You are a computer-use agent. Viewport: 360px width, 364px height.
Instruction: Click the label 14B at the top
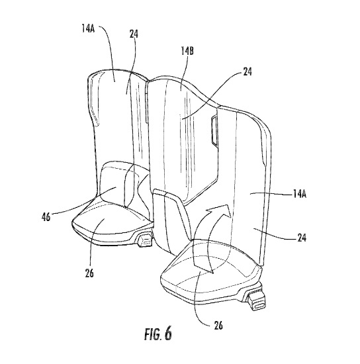pyautogui.click(x=187, y=51)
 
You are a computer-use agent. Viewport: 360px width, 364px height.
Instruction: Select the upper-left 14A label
pyautogui.click(x=88, y=30)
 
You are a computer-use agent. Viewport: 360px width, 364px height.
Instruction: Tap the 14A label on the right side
pyautogui.click(x=298, y=194)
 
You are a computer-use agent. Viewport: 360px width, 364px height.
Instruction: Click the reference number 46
pyautogui.click(x=46, y=217)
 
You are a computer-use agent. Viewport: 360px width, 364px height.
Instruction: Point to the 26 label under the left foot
pyautogui.click(x=89, y=273)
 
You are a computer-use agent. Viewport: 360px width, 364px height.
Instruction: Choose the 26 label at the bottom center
pyautogui.click(x=218, y=326)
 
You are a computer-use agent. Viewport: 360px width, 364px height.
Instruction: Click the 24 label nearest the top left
pyautogui.click(x=134, y=34)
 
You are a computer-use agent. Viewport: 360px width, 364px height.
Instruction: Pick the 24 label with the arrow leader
pyautogui.click(x=247, y=71)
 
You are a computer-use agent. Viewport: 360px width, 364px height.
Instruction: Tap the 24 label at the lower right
pyautogui.click(x=302, y=238)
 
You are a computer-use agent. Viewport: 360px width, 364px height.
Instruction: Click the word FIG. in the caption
pyautogui.click(x=152, y=334)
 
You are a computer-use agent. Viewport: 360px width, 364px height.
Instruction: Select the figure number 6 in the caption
pyautogui.click(x=168, y=334)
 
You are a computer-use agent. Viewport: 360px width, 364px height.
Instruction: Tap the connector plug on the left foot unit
pyautogui.click(x=146, y=240)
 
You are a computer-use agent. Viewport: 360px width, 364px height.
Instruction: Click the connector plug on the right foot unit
pyautogui.click(x=257, y=300)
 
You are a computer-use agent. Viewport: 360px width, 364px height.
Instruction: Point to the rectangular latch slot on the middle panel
pyautogui.click(x=214, y=132)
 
